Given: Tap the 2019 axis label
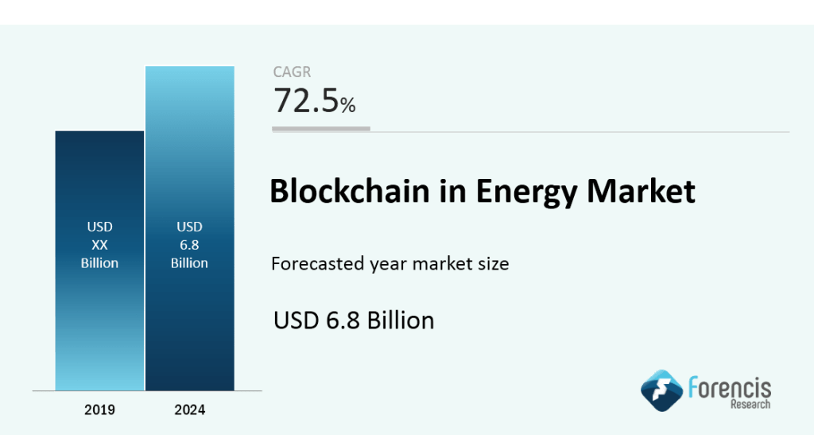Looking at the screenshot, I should click(99, 410).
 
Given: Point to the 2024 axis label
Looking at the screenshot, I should click(189, 410).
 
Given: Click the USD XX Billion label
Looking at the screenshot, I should click(99, 245).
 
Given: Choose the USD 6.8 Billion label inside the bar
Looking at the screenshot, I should click(189, 245).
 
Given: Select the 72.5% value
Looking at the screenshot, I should click(314, 101).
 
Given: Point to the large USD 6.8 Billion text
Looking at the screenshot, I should click(354, 320).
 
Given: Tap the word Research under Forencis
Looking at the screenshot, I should click(749, 405).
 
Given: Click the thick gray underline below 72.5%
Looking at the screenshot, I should click(321, 128).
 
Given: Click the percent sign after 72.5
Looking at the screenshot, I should click(347, 104).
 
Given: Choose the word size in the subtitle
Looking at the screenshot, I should click(493, 263).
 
